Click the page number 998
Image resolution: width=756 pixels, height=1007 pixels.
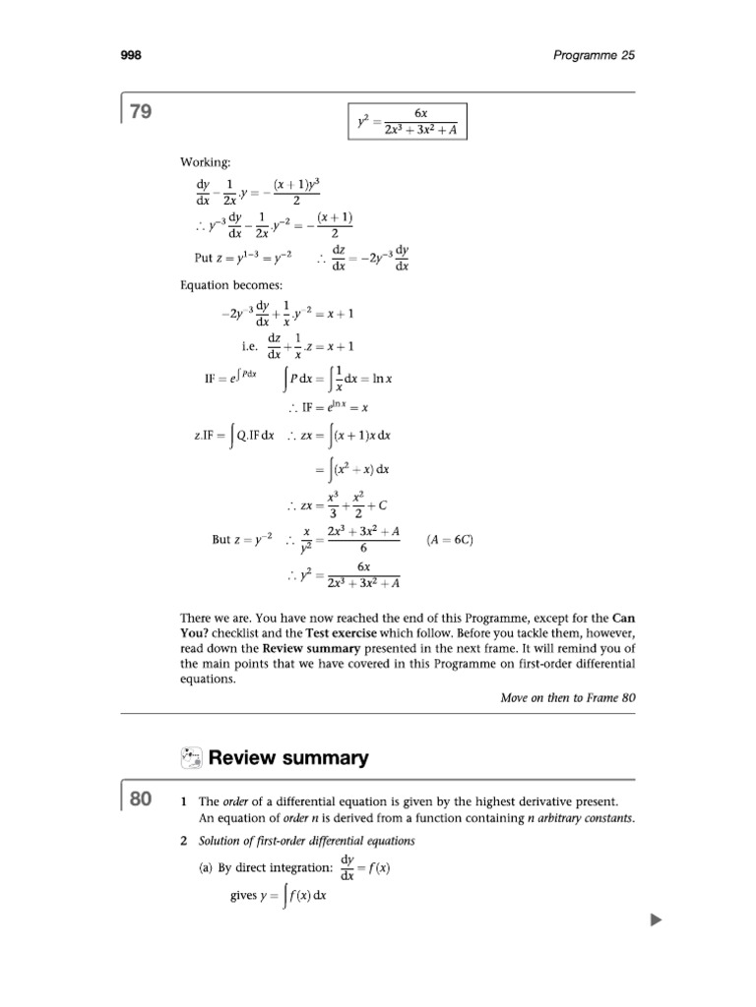132,56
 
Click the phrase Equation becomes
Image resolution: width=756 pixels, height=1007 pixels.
223,286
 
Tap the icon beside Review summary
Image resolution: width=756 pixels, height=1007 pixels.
193,757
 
